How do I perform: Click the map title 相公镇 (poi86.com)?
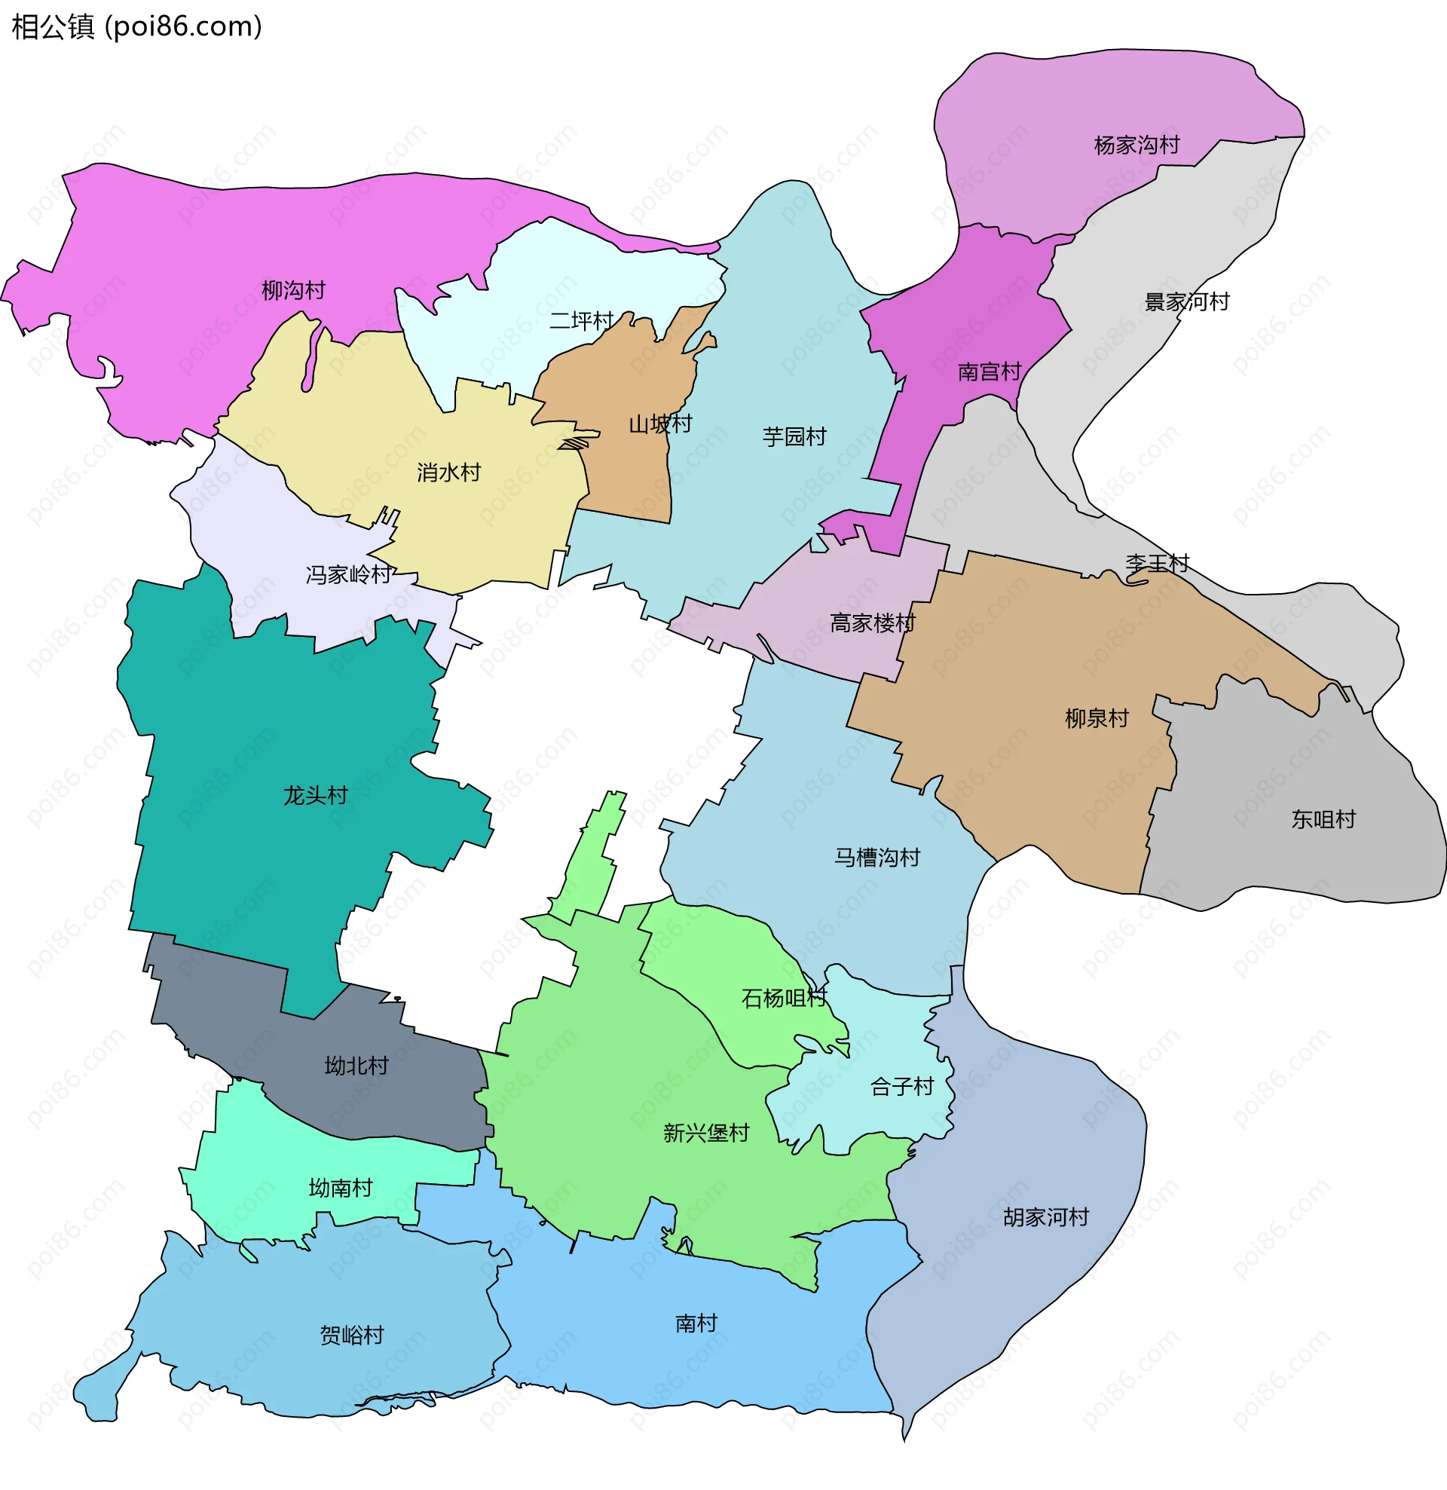pyautogui.click(x=137, y=26)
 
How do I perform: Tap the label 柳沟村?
pyautogui.click(x=293, y=290)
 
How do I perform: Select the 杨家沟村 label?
pyautogui.click(x=1136, y=145)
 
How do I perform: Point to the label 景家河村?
pyautogui.click(x=1187, y=301)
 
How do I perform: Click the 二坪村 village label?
pyautogui.click(x=581, y=321)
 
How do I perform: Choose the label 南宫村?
pyautogui.click(x=990, y=372)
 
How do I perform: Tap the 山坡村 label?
pyautogui.click(x=660, y=424)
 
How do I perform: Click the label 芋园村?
pyautogui.click(x=794, y=436)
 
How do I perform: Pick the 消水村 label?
pyautogui.click(x=448, y=472)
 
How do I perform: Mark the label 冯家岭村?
pyautogui.click(x=348, y=574)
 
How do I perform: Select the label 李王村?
pyautogui.click(x=1157, y=563)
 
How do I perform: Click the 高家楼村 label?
pyautogui.click(x=872, y=623)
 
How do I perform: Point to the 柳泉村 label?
pyautogui.click(x=1097, y=718)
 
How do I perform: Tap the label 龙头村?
pyautogui.click(x=316, y=795)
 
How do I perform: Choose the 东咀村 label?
pyautogui.click(x=1323, y=819)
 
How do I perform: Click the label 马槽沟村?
pyautogui.click(x=876, y=858)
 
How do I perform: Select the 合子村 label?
pyautogui.click(x=902, y=1086)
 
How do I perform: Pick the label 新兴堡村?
pyautogui.click(x=705, y=1133)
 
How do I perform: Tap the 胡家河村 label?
pyautogui.click(x=1045, y=1217)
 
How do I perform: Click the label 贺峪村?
pyautogui.click(x=351, y=1335)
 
